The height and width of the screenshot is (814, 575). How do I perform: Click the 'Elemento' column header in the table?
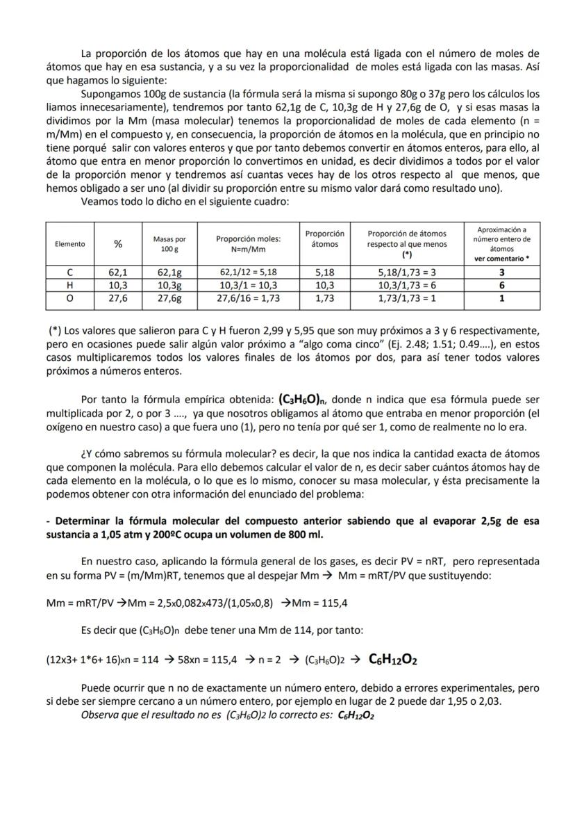coord(70,244)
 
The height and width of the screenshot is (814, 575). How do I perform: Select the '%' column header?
coord(117,244)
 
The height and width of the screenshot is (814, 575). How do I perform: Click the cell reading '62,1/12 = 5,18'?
coord(248,273)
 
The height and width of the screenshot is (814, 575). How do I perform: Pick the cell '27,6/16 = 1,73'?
coord(248,298)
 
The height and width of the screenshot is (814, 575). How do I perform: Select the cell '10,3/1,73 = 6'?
coord(407,286)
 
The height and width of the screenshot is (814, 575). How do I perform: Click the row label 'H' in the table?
coord(70,286)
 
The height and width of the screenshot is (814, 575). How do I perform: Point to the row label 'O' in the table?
coord(70,298)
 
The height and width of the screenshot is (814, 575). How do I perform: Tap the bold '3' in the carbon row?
coord(501,273)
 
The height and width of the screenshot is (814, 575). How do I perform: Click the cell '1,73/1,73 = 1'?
coord(407,298)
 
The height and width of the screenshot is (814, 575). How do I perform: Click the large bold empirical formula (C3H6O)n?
coord(308,400)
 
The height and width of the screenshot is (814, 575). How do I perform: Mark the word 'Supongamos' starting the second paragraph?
coord(110,93)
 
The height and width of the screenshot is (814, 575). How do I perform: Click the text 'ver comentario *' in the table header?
coord(501,258)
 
